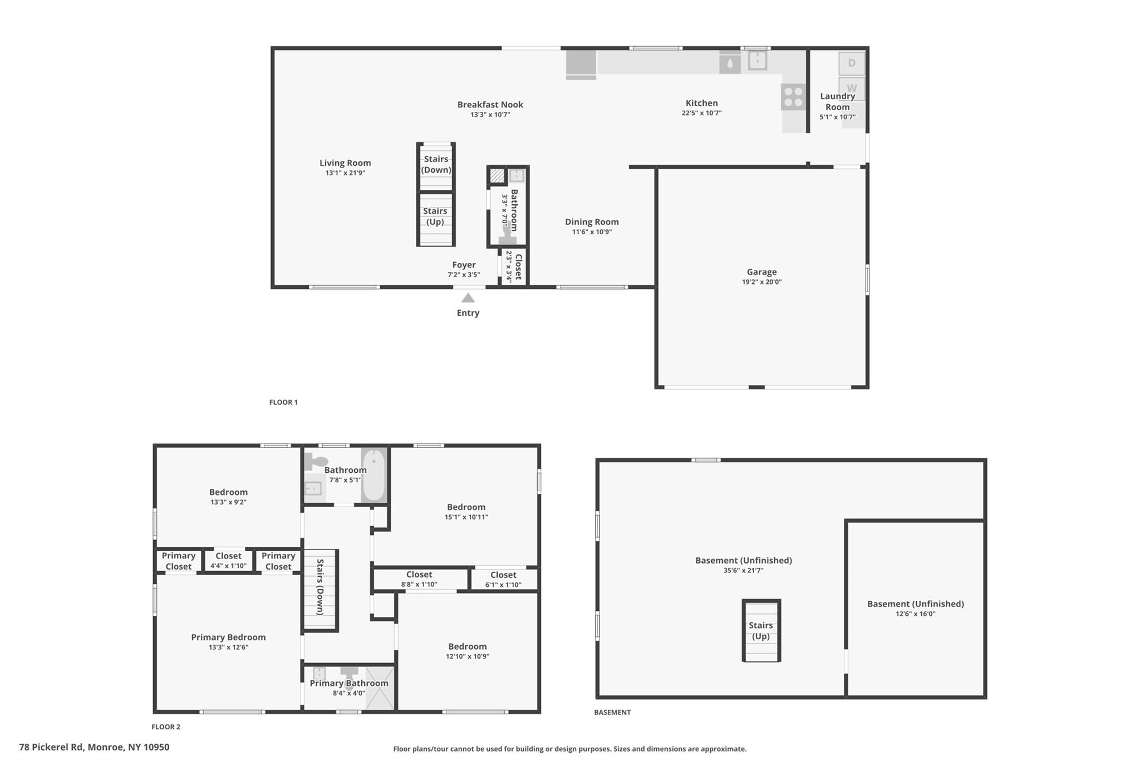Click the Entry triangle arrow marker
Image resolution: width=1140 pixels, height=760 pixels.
468,298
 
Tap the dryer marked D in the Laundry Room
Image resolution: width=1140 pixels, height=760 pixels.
852,63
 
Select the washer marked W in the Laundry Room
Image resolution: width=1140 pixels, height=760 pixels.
852,88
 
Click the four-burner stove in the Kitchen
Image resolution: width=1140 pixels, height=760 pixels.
793,97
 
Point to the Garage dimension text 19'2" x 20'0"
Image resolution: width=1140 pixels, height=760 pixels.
761,282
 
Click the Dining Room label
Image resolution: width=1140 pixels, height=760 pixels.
592,222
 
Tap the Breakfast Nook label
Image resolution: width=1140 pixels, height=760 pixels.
490,105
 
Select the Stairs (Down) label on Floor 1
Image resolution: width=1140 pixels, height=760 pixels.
436,165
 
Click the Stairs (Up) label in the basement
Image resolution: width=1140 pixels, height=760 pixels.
761,631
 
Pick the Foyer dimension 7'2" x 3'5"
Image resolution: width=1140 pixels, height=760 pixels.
464,275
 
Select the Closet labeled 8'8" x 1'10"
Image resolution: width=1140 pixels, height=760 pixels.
419,579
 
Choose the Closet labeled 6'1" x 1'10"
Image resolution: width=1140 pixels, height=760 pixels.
503,580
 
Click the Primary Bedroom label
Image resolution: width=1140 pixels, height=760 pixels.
228,638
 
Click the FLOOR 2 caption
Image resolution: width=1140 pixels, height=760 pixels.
166,727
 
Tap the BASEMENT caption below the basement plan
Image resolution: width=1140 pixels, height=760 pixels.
612,712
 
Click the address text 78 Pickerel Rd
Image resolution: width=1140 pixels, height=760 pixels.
51,747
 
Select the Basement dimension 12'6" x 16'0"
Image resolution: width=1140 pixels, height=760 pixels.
916,614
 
